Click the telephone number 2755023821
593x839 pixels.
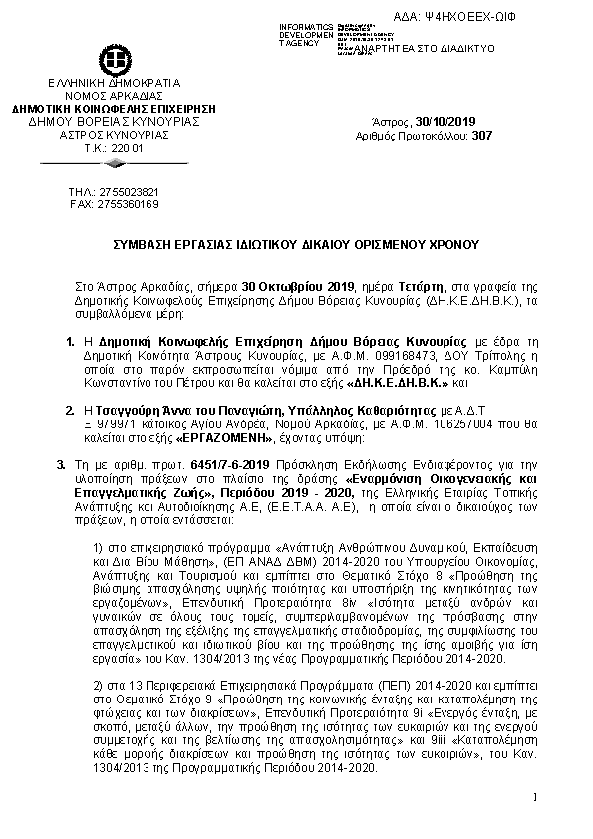click(x=125, y=191)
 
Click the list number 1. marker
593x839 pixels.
click(x=70, y=340)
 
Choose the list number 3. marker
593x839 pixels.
click(x=61, y=463)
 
